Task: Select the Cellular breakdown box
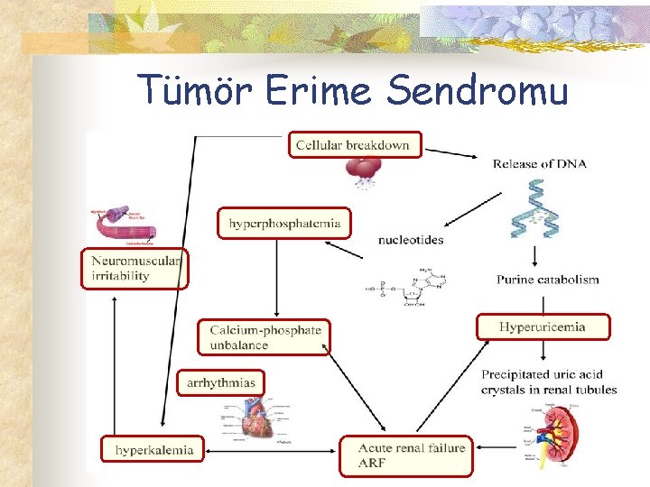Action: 355,144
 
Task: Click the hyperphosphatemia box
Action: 284,223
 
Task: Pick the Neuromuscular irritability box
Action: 135,269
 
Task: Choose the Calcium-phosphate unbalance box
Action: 265,336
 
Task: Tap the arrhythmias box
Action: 221,382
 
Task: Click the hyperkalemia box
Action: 153,448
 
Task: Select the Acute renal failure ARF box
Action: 405,455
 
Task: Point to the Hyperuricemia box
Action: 543,326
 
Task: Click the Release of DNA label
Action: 539,163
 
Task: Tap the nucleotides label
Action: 411,240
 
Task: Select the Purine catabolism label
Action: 547,280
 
